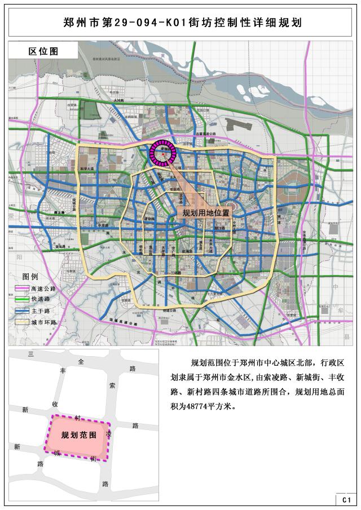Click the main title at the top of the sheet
(x=180, y=23)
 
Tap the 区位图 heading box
(x=43, y=51)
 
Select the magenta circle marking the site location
(x=163, y=153)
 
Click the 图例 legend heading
(x=30, y=277)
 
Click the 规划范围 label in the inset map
(x=78, y=435)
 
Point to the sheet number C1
(x=346, y=500)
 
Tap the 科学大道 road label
(x=86, y=168)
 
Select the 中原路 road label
(x=103, y=226)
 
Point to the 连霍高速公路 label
(x=206, y=134)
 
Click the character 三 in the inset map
(x=32, y=353)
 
